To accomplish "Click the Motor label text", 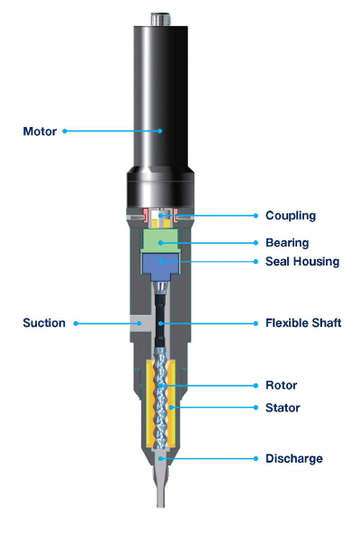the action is coord(40,131).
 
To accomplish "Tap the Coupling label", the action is coord(291,216).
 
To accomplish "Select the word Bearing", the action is coord(287,243).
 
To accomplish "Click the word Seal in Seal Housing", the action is coord(276,261).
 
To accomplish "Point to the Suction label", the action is coord(44,323).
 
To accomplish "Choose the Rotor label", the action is coord(281,385).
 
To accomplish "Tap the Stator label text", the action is coord(283,408).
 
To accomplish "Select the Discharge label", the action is coord(294,459).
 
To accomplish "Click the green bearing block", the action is coord(160,240).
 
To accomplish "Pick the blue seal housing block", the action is coord(160,265).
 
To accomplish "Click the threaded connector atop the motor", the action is coord(160,19).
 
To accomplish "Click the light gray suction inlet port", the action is coord(141,323).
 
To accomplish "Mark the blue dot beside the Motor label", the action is coord(65,131).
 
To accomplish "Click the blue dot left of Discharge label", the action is coord(256,459).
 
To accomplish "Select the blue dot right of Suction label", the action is coord(76,323).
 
